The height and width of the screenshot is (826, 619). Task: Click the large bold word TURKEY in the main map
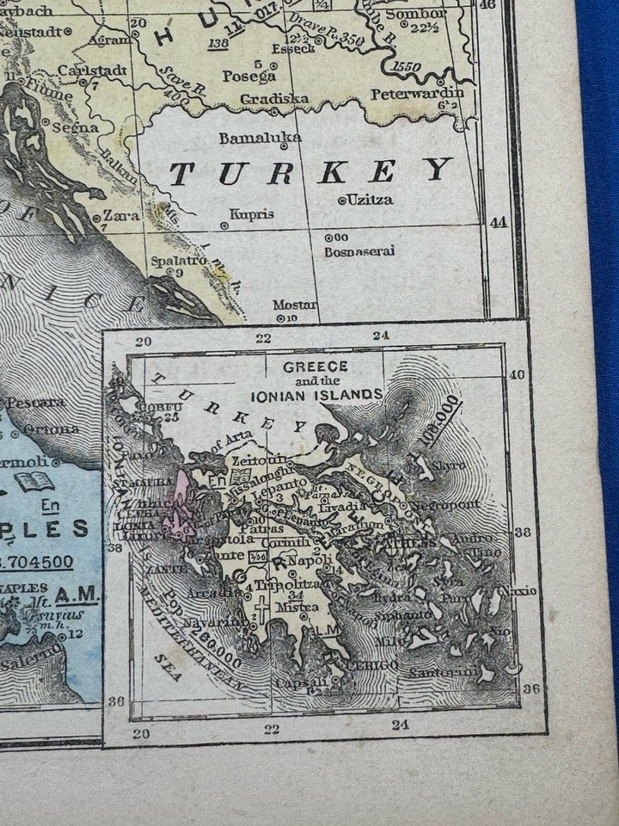click(x=311, y=172)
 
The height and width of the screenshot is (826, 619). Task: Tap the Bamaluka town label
click(x=260, y=138)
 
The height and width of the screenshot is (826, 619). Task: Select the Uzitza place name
click(x=370, y=200)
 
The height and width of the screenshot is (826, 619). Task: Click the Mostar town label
click(x=294, y=305)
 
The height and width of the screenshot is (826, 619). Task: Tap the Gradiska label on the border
click(x=274, y=98)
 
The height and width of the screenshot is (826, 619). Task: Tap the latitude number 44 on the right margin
click(x=499, y=222)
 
